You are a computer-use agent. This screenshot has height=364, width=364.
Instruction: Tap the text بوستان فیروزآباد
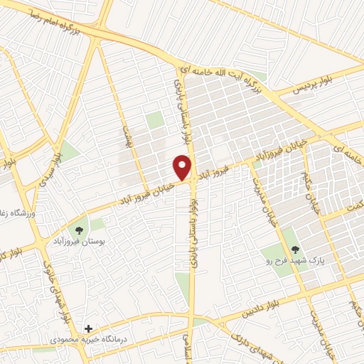77,242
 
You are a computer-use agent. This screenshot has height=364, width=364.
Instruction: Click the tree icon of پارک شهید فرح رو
295,249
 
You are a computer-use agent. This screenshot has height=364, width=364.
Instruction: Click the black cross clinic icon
88,328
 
